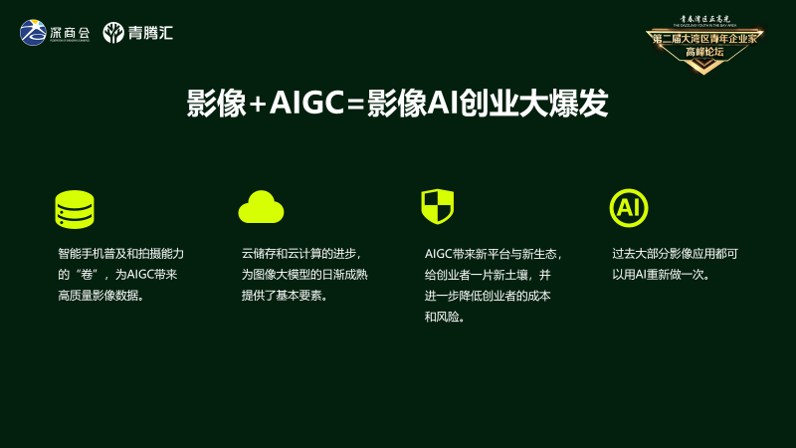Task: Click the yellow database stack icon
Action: click(x=75, y=209)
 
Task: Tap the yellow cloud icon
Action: click(x=261, y=207)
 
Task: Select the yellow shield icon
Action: click(x=437, y=206)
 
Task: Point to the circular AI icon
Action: click(x=628, y=207)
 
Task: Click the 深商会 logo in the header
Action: click(x=55, y=33)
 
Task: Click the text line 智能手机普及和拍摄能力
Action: click(x=121, y=254)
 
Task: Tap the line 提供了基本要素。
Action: click(x=286, y=296)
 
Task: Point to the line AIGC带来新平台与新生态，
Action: click(x=494, y=254)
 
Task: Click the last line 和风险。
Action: click(x=445, y=318)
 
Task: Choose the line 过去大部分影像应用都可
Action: click(x=675, y=254)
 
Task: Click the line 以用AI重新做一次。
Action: click(x=662, y=275)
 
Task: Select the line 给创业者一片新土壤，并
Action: click(x=488, y=275)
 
